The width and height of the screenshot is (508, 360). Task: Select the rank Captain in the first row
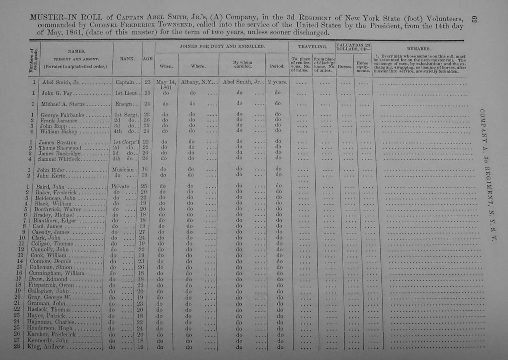(124, 82)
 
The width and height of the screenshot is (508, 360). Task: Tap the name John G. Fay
(57, 93)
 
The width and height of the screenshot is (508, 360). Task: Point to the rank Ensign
(124, 104)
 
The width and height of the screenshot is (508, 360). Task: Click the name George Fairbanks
(62, 115)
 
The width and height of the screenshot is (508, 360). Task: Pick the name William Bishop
(58, 132)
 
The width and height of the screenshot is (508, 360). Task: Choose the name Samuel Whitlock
(59, 159)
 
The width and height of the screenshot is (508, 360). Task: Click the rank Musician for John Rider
(123, 169)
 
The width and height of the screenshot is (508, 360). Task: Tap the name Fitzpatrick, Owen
(51, 285)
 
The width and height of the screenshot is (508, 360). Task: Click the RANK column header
(127, 58)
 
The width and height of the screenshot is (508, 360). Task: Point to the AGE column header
(148, 58)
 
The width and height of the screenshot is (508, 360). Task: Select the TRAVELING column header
(312, 46)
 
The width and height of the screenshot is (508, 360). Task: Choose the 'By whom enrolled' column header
(242, 64)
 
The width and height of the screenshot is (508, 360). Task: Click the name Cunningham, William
(57, 273)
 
